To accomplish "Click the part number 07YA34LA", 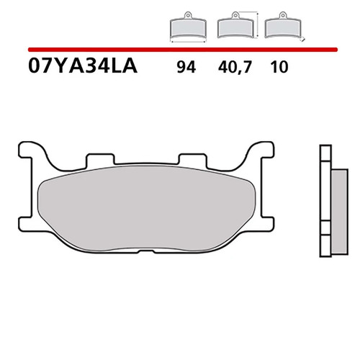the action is click(83, 66).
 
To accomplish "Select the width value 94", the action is click(186, 67).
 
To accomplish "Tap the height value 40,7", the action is click(235, 68).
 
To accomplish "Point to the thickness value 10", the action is click(279, 67).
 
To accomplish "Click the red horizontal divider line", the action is click(183, 50).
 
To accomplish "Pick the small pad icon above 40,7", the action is click(235, 25).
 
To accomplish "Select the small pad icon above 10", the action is click(282, 25).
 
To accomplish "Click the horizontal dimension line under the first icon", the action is click(188, 42).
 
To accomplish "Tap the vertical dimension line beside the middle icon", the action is click(257, 25).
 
